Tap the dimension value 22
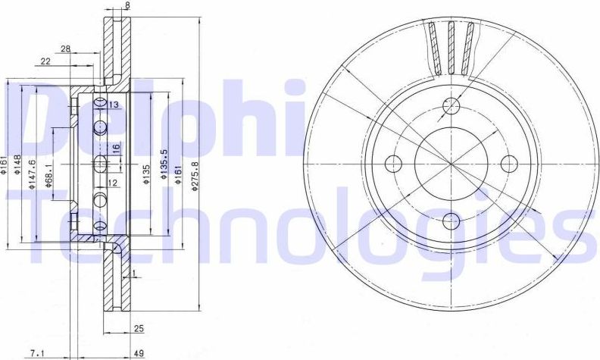45,61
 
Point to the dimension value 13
114,105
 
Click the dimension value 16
116,148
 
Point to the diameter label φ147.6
32,176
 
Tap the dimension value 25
139,328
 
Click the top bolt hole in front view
451,105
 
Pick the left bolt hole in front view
393,162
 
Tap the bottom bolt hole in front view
451,221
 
